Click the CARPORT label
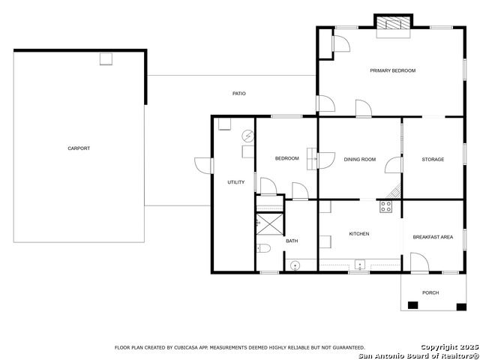pyautogui.click(x=79, y=148)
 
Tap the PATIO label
pyautogui.click(x=238, y=94)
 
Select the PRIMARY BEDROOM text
pyautogui.click(x=393, y=70)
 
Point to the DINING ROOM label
pyautogui.click(x=360, y=160)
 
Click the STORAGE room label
pyautogui.click(x=433, y=160)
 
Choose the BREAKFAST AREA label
pyautogui.click(x=433, y=237)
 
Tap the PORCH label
pyautogui.click(x=430, y=292)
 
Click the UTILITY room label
pyautogui.click(x=236, y=182)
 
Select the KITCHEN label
pyautogui.click(x=359, y=234)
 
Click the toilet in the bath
pyautogui.click(x=263, y=248)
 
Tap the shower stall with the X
pyautogui.click(x=270, y=224)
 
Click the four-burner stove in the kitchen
pyautogui.click(x=385, y=206)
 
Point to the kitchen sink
pyautogui.click(x=360, y=264)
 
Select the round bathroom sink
pyautogui.click(x=295, y=265)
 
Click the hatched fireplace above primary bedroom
pyautogui.click(x=393, y=23)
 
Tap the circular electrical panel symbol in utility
pyautogui.click(x=247, y=136)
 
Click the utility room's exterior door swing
pyautogui.click(x=202, y=166)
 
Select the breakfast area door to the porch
pyautogui.click(x=420, y=262)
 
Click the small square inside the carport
pyautogui.click(x=106, y=58)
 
